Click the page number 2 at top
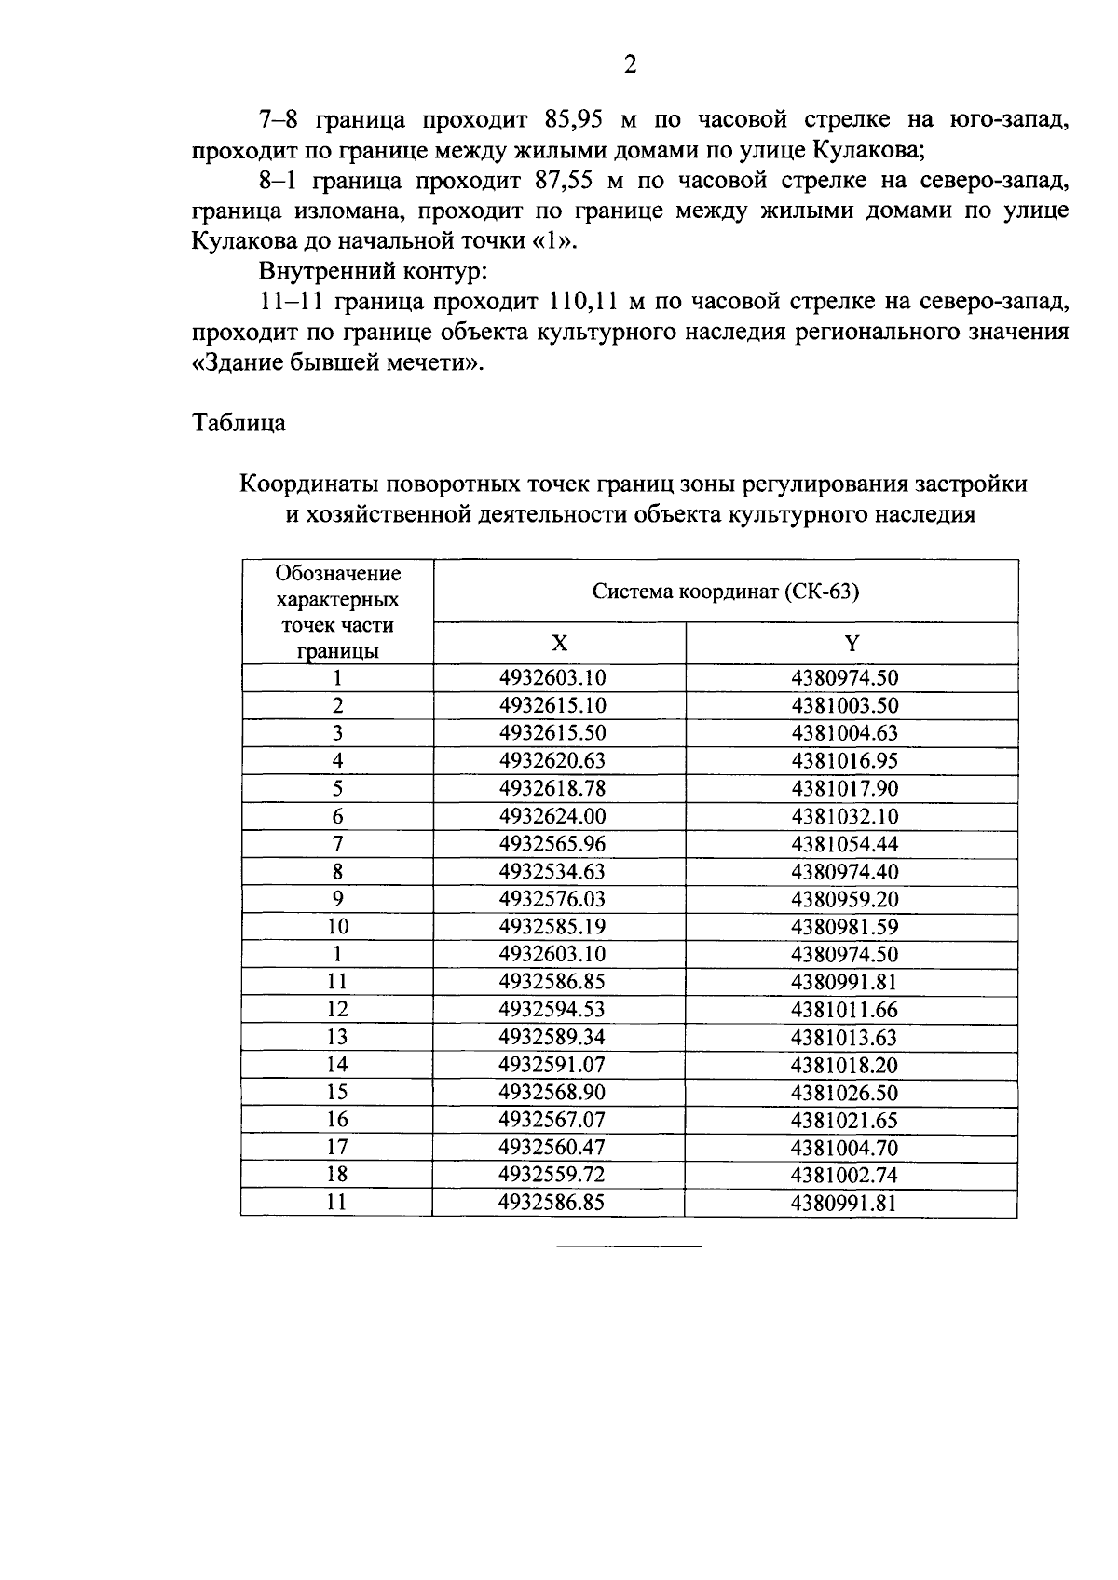pos(630,64)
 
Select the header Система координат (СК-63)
pos(726,592)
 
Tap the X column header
pos(559,644)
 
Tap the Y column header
pos(851,644)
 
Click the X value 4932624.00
pos(552,817)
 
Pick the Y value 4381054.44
pos(844,845)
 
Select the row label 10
pos(337,927)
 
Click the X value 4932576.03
pos(552,900)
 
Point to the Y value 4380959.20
pos(844,900)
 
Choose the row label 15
pos(337,1093)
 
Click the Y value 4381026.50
pos(844,1093)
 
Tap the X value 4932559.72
pos(552,1176)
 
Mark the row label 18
pos(337,1176)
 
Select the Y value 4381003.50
pos(844,706)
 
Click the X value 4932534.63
pos(552,872)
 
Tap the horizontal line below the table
pos(629,1246)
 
